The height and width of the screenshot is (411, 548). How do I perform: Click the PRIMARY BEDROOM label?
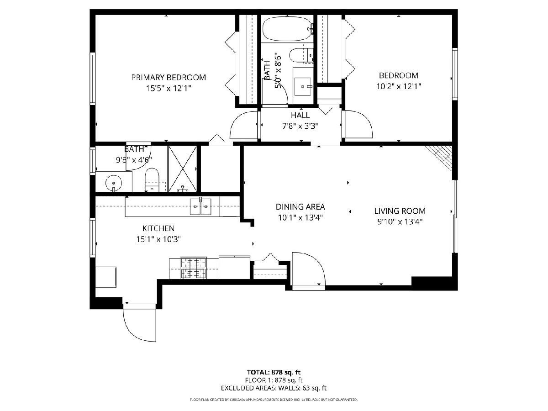169,77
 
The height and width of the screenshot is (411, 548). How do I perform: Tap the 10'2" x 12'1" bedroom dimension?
399,86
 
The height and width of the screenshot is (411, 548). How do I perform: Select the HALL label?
300,115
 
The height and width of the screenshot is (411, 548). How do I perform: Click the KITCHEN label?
158,228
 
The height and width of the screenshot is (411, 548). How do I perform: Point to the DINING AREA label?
300,207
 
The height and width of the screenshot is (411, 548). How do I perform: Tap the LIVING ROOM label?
400,211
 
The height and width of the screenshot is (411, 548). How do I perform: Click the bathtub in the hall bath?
287,28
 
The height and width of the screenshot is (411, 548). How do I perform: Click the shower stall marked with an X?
183,169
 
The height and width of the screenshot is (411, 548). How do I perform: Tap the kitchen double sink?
201,206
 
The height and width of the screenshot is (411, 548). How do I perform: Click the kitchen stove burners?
194,268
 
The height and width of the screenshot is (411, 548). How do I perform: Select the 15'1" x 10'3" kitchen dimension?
158,239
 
